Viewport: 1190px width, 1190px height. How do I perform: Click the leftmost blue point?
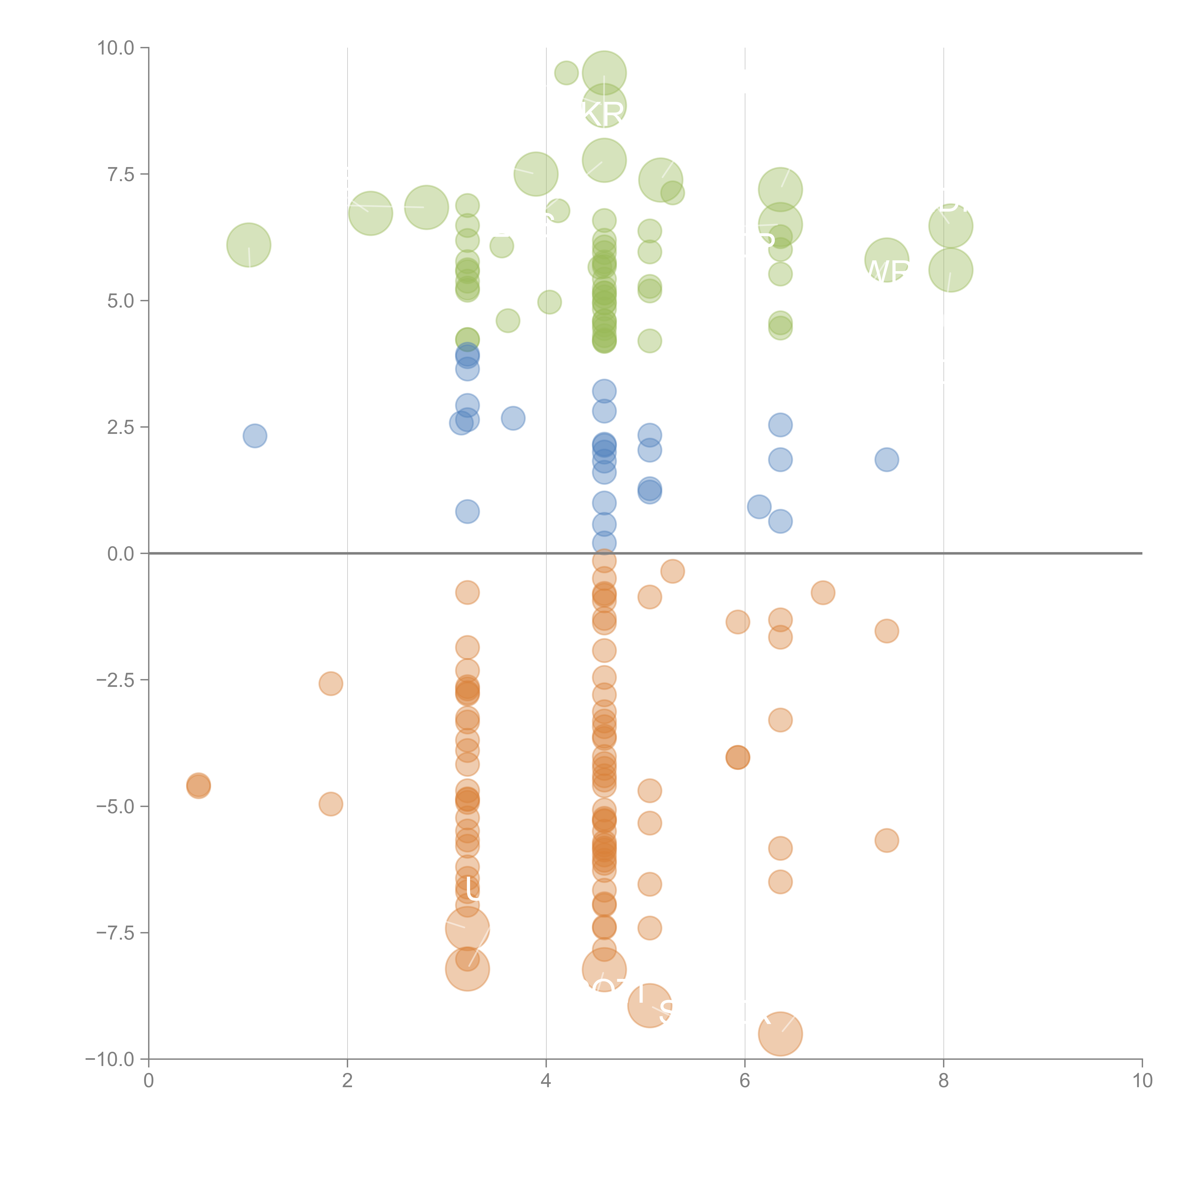tap(254, 436)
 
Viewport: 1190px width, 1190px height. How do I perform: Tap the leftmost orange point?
tap(198, 786)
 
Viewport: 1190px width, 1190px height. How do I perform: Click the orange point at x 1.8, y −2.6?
tap(331, 684)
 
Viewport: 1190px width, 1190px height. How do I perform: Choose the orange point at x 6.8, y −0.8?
tap(823, 593)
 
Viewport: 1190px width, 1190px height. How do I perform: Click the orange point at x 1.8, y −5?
tap(331, 804)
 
